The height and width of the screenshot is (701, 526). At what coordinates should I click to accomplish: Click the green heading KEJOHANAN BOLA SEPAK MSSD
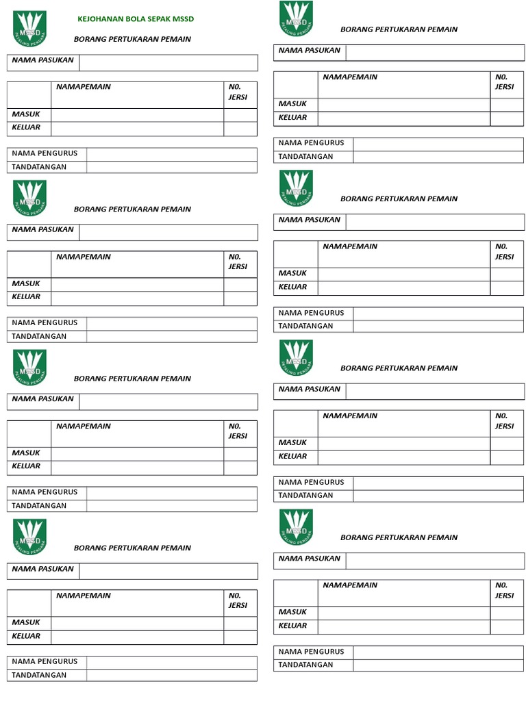[x=136, y=19]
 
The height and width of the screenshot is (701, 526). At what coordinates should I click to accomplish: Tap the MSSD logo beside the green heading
[x=29, y=29]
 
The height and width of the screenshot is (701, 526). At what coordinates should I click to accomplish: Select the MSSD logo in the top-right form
[x=296, y=19]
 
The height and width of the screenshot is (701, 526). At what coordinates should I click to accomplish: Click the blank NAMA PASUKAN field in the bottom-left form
[x=168, y=571]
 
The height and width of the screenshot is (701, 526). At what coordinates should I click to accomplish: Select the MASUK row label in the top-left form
[x=26, y=114]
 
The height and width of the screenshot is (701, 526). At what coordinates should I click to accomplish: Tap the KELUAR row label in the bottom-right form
[x=292, y=626]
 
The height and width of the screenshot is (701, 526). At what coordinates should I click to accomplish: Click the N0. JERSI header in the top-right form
[x=504, y=81]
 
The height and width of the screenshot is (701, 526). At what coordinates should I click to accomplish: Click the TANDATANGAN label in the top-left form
[x=39, y=167]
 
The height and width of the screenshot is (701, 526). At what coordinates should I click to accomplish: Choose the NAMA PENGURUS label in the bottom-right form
[x=312, y=651]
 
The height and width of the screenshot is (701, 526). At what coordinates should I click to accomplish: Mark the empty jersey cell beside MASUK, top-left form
[x=240, y=114]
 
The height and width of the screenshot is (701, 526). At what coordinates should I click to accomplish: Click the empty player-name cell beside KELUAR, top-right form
[x=403, y=118]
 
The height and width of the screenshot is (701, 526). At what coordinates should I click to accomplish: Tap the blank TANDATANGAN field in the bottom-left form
[x=171, y=675]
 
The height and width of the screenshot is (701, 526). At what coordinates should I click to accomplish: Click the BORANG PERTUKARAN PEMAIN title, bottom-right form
[x=399, y=537]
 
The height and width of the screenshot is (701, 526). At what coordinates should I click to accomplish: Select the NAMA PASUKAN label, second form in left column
[x=42, y=229]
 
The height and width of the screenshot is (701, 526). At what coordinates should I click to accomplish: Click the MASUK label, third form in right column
[x=292, y=442]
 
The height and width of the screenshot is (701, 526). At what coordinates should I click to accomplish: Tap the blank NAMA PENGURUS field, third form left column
[x=171, y=492]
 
